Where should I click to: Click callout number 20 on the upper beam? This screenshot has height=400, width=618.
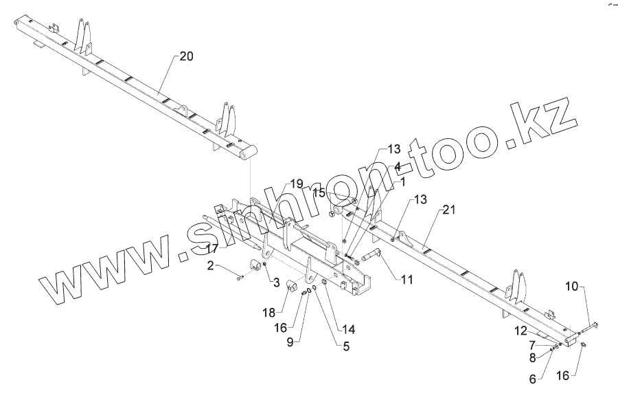(187, 57)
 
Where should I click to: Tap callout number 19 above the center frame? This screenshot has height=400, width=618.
(296, 184)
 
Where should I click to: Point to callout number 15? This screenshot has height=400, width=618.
(319, 194)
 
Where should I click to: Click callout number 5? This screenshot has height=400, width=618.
(346, 347)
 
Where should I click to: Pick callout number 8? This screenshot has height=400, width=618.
(531, 357)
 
